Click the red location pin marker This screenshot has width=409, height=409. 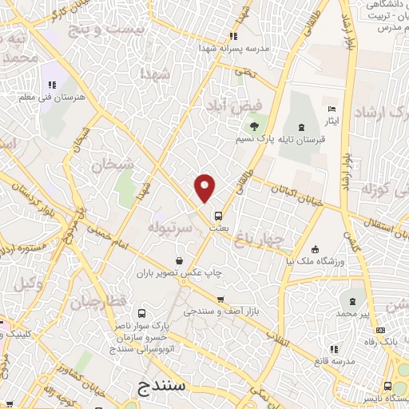(x=205, y=188)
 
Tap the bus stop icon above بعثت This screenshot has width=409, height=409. (x=217, y=215)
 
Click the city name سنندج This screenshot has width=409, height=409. (x=162, y=385)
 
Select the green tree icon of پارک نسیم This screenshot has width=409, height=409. (x=254, y=125)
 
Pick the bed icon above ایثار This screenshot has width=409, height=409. (x=332, y=109)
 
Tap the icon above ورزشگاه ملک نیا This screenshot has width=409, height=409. (x=316, y=248)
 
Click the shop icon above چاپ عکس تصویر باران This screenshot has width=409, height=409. (x=177, y=260)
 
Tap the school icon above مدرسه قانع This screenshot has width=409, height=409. (x=334, y=348)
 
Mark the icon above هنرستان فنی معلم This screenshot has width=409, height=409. (x=52, y=84)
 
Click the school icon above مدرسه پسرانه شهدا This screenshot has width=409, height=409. (x=232, y=35)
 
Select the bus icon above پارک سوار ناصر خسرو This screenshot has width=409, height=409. (x=141, y=313)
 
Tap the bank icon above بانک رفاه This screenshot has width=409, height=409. (x=381, y=331)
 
